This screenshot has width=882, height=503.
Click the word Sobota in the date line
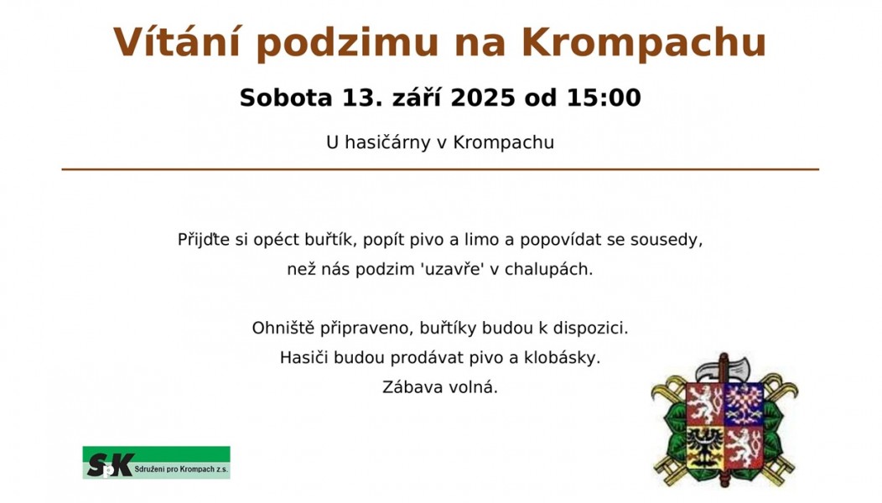pyautogui.click(x=286, y=97)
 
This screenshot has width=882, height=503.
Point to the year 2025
pyautogui.click(x=483, y=97)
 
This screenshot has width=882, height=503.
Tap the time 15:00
pyautogui.click(x=604, y=97)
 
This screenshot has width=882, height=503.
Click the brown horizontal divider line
pyautogui.click(x=440, y=169)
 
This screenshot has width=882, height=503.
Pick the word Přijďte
pyautogui.click(x=204, y=240)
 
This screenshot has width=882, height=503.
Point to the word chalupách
pyautogui.click(x=548, y=269)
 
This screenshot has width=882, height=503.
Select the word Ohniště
pyautogui.click(x=283, y=328)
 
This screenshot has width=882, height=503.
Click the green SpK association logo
pyautogui.click(x=157, y=463)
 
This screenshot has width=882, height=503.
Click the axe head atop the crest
pyautogui.click(x=724, y=368)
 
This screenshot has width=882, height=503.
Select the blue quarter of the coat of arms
pyautogui.click(x=743, y=405)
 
